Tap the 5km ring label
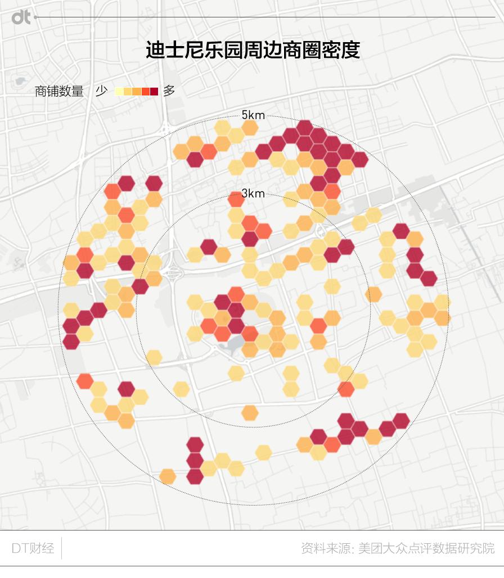click(253, 115)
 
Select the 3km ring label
click(253, 194)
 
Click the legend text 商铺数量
click(59, 91)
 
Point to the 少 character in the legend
click(101, 91)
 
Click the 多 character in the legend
click(169, 91)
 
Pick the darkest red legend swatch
click(154, 92)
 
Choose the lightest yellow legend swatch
click(119, 92)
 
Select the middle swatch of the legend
click(137, 92)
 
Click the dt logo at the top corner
click(21, 17)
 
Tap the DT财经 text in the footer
click(33, 548)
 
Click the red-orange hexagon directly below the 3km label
click(236, 200)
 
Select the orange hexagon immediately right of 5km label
click(249, 128)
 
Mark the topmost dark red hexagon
click(304, 128)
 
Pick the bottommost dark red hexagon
click(195, 476)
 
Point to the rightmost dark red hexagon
click(429, 278)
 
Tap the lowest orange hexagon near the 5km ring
click(168, 476)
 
